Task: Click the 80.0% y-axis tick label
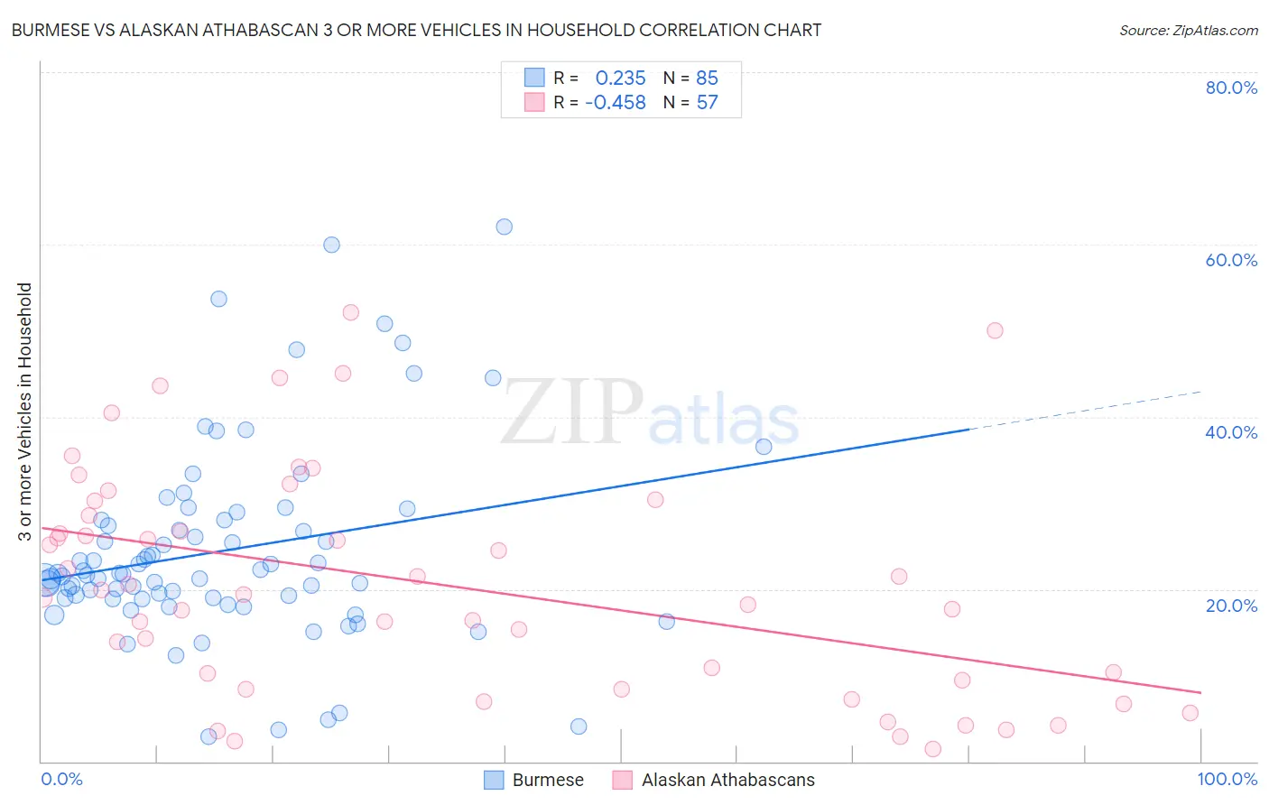[1231, 88]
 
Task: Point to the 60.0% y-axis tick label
[1231, 260]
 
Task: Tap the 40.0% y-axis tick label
[1231, 432]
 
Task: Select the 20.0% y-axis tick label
[1231, 606]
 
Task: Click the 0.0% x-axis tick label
[61, 779]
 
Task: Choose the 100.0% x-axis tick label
[1227, 779]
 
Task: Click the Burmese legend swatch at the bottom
[494, 780]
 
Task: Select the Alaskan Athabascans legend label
[727, 780]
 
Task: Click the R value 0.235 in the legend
[620, 79]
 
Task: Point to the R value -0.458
[616, 103]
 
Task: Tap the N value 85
[707, 79]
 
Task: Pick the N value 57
[707, 103]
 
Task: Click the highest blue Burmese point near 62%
[504, 227]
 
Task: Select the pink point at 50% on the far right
[995, 330]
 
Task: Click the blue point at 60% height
[331, 245]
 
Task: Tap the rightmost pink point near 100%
[1190, 713]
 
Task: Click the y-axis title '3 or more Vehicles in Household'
[25, 412]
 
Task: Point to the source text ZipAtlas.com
[1188, 31]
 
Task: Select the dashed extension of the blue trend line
[1083, 411]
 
